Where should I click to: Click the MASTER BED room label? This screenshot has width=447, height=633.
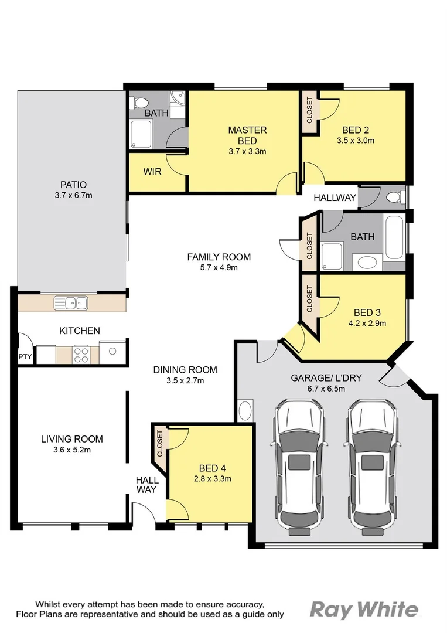(247, 135)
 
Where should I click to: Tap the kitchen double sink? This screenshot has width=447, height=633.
(71, 303)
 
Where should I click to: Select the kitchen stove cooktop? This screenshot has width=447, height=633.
(81, 354)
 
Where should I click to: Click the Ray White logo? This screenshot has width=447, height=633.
(364, 610)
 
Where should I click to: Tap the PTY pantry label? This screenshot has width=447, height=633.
(25, 356)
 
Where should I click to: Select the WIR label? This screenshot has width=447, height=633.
(152, 172)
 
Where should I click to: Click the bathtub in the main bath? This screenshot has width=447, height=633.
(394, 237)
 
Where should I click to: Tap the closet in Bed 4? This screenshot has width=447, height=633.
(159, 444)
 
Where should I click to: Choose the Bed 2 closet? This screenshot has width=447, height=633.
(309, 110)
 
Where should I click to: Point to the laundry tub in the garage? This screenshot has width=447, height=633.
(245, 410)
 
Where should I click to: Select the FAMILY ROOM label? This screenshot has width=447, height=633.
(219, 257)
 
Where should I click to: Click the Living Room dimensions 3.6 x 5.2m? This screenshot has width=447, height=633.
(72, 450)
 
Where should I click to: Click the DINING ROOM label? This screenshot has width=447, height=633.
(185, 370)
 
